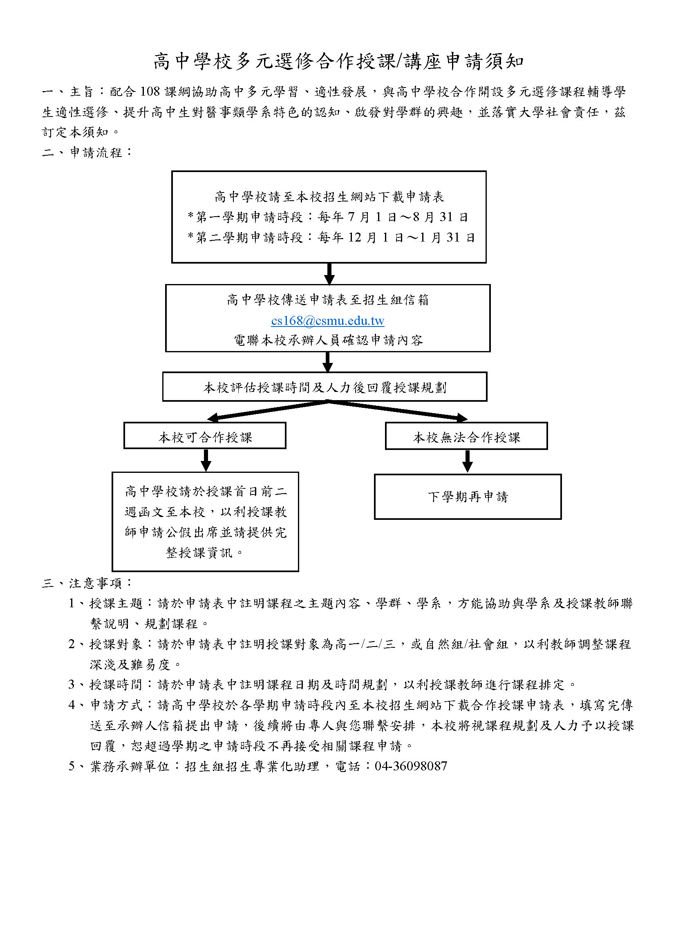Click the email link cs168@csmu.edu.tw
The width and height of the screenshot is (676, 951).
(x=328, y=320)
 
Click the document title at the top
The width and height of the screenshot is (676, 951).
(x=338, y=62)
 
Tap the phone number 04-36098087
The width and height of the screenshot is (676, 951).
(x=411, y=766)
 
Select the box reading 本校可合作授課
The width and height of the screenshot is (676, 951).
(x=205, y=436)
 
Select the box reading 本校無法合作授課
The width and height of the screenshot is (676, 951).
(x=466, y=436)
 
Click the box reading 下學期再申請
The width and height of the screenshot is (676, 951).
(x=468, y=497)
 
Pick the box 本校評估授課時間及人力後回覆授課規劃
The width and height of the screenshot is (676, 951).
(x=325, y=387)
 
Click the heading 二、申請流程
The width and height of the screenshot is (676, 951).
(x=87, y=152)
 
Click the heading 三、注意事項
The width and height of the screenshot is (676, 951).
(x=87, y=583)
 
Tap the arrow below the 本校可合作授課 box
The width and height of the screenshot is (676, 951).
(x=206, y=460)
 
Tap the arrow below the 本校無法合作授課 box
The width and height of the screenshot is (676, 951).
(x=468, y=461)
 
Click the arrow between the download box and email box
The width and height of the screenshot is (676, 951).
(x=329, y=274)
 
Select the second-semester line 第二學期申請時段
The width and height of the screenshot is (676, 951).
(x=331, y=237)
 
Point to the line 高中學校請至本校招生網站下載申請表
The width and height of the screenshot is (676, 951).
(x=329, y=197)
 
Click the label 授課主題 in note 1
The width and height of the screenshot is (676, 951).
(x=116, y=604)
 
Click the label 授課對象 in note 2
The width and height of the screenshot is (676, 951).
(x=116, y=644)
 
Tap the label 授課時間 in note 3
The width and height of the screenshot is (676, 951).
(x=116, y=685)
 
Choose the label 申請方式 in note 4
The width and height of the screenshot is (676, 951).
(x=116, y=705)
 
